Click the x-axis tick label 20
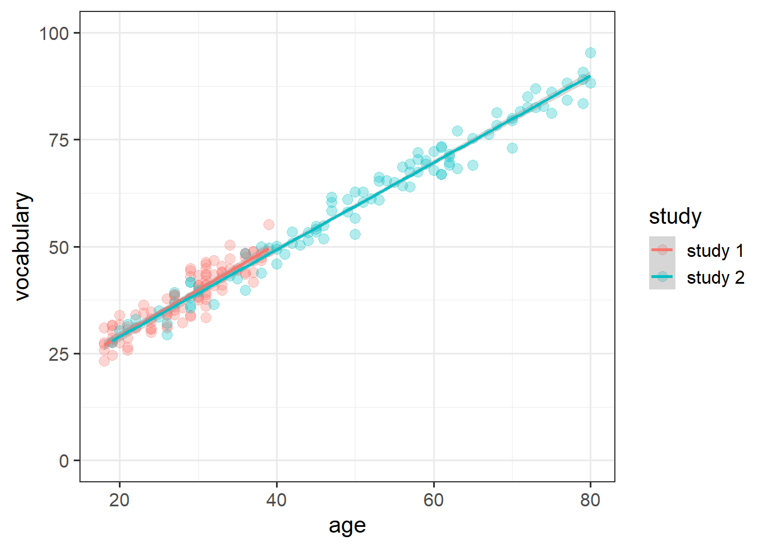(119, 500)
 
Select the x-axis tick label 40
(276, 500)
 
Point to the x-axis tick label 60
(433, 500)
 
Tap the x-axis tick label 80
(590, 500)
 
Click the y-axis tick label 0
(63, 461)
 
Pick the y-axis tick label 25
(58, 354)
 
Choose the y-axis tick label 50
(58, 247)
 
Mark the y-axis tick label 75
(58, 140)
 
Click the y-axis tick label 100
(54, 33)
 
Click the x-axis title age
(347, 526)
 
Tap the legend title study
(675, 217)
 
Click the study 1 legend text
(715, 251)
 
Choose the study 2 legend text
(715, 277)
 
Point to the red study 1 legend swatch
(662, 250)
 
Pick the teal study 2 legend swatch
(662, 277)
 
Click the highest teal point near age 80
(590, 53)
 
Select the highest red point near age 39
(269, 224)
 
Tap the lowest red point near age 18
(104, 361)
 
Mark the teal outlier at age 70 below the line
(512, 148)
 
